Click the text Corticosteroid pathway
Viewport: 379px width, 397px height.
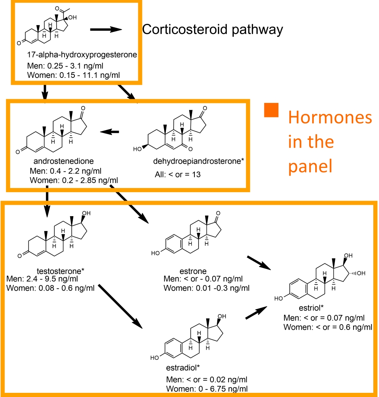point(213,30)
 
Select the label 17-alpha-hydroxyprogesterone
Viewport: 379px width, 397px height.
point(82,55)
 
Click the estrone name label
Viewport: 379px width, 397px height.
point(194,271)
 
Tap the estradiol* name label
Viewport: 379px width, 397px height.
point(183,368)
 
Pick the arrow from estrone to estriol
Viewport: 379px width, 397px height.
point(259,263)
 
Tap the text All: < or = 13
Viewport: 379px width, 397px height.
point(180,175)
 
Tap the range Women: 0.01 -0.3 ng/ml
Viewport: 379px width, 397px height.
point(207,288)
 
